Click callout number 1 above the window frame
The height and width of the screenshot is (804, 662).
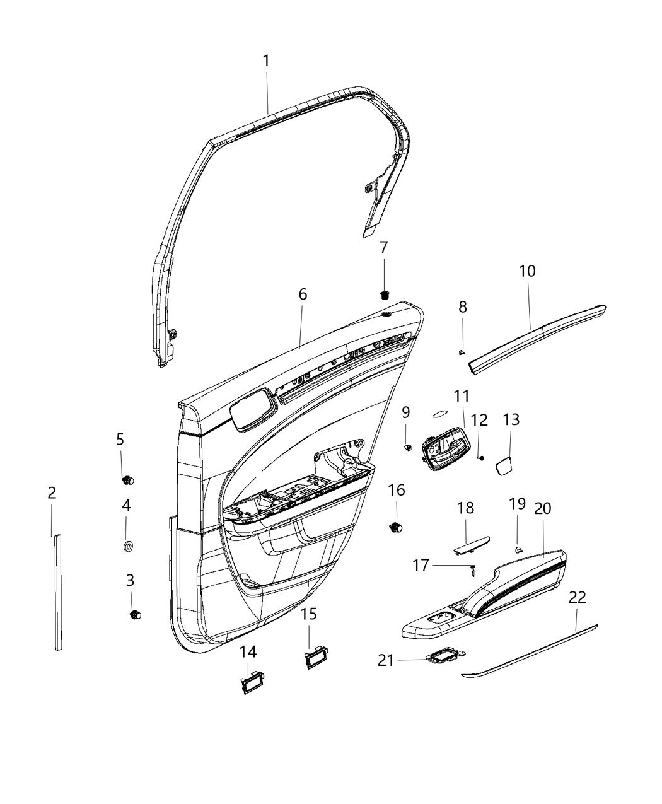point(266,61)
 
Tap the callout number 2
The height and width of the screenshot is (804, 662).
point(52,492)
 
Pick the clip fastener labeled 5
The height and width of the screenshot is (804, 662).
point(128,481)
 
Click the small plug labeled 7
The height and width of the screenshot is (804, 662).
point(385,293)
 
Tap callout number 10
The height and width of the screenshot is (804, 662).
point(527,271)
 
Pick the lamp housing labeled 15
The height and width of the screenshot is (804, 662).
point(311,661)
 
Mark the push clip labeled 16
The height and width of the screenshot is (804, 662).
point(397,527)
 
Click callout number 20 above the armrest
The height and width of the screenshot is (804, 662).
point(543,508)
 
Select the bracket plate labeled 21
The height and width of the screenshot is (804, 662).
point(444,658)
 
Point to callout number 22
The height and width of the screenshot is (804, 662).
point(578,597)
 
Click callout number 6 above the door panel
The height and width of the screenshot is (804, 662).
point(303,294)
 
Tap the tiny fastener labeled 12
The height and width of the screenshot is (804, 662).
point(481,457)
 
